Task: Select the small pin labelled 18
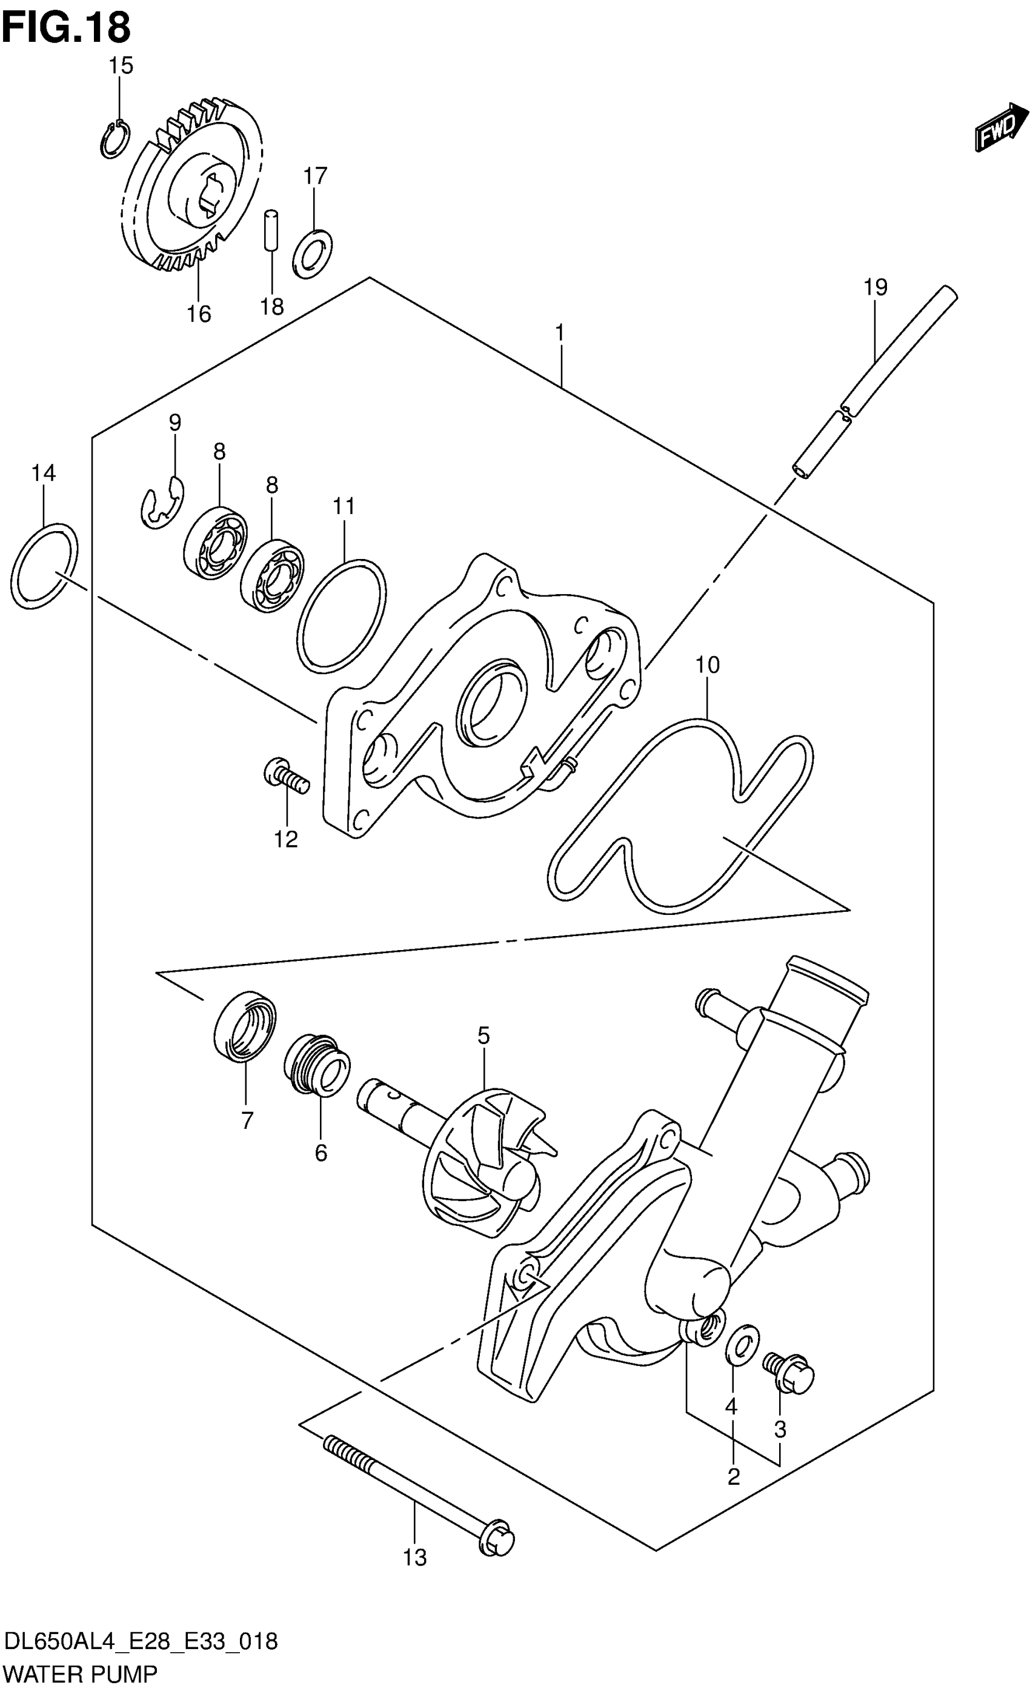click(x=271, y=231)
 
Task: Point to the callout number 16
click(x=199, y=313)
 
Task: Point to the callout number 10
click(x=707, y=665)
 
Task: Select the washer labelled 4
click(x=742, y=1342)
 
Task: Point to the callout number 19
click(x=875, y=286)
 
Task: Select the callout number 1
click(x=560, y=333)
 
